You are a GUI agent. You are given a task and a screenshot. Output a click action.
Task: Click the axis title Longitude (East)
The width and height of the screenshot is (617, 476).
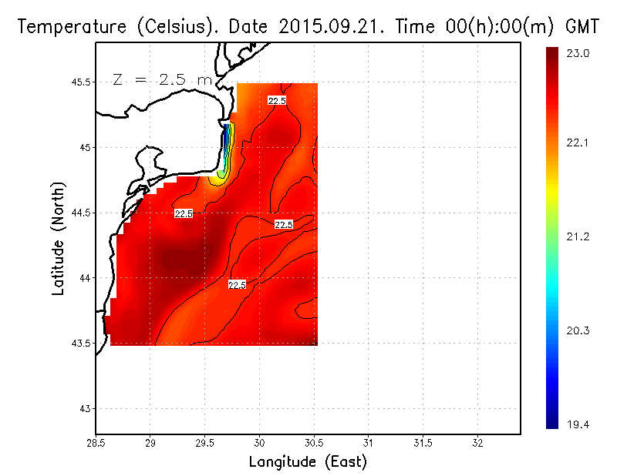coord(308,462)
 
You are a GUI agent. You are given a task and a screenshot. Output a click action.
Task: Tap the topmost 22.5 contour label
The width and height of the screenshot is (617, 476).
coord(277,101)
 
